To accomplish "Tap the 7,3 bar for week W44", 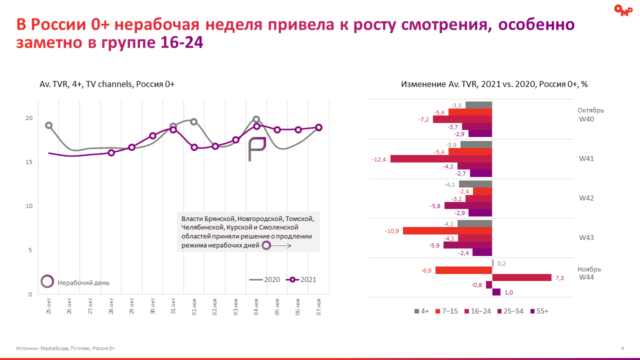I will [x=522, y=277].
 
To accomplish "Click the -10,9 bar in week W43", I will [x=447, y=231].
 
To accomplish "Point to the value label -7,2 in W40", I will [x=424, y=120].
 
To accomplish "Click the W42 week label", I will [x=586, y=198].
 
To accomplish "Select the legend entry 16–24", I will [x=478, y=311].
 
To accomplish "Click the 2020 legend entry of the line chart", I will [x=264, y=280].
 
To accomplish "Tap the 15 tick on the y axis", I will [x=28, y=162].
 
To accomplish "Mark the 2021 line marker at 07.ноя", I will [x=318, y=127].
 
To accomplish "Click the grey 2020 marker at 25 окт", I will [x=48, y=125].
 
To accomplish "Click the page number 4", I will [x=622, y=348].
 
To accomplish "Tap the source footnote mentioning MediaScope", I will [x=65, y=348].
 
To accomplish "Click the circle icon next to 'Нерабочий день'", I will [x=47, y=282].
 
